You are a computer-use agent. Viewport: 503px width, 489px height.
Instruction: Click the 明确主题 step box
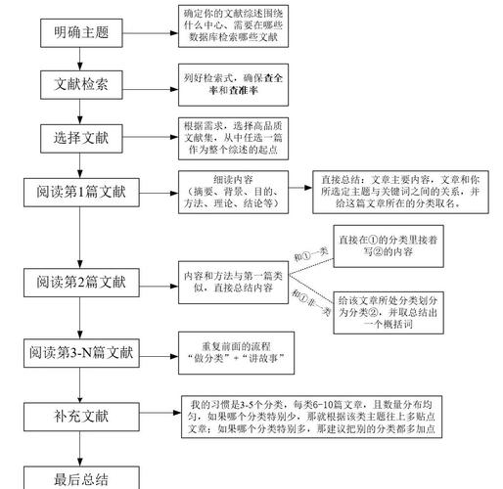click(x=81, y=32)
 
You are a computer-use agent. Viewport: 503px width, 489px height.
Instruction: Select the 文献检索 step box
click(x=81, y=84)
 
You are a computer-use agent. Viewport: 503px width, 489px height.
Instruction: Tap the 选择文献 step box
click(x=81, y=138)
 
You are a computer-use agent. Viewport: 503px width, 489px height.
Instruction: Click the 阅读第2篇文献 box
click(x=81, y=283)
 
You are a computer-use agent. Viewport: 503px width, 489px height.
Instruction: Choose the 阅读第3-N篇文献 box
click(x=81, y=352)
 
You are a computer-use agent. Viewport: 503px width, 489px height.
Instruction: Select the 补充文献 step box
click(x=81, y=417)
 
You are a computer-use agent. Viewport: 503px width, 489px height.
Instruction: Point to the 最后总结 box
click(x=81, y=477)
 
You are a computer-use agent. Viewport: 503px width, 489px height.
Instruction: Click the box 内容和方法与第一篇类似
click(x=231, y=283)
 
